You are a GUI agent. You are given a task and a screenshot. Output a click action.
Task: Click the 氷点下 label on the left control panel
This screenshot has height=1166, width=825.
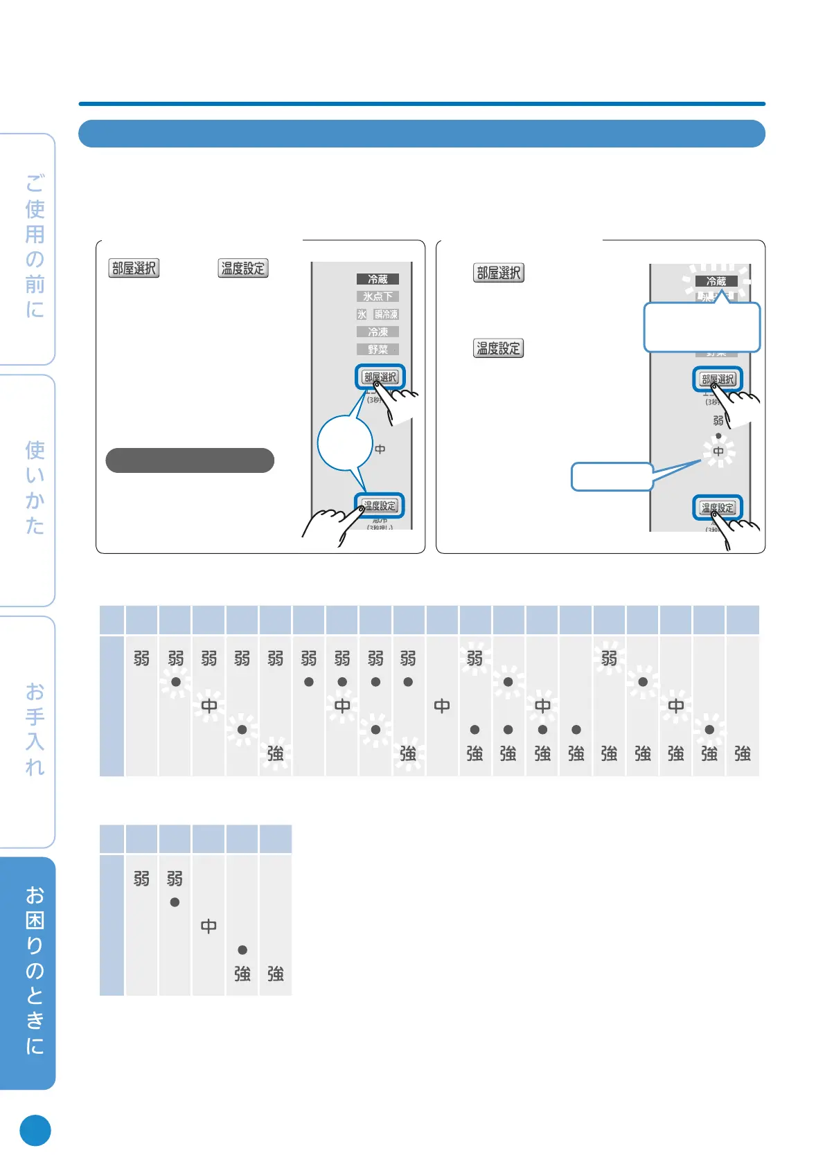point(378,296)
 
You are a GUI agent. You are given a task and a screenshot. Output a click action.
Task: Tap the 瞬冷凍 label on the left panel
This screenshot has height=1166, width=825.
point(387,314)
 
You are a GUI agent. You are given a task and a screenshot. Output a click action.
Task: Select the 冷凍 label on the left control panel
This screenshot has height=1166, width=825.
point(378,332)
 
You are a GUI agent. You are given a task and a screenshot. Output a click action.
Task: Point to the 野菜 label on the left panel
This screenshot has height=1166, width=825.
point(378,350)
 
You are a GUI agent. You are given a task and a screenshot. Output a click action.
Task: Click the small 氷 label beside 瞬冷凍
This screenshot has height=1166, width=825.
point(362,314)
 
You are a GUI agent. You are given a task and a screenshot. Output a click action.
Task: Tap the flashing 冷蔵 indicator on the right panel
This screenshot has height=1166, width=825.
point(716,281)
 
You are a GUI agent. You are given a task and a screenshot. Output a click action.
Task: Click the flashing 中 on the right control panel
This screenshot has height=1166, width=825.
point(718,451)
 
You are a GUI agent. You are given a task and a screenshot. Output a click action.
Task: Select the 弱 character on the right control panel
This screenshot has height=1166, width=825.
point(718,420)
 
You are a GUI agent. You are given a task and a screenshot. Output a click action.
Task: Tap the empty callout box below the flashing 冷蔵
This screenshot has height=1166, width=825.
point(702,328)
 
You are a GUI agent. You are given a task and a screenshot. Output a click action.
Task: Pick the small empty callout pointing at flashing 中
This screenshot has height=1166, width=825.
point(611,476)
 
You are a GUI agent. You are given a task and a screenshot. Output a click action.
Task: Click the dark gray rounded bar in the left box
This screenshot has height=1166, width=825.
point(190,460)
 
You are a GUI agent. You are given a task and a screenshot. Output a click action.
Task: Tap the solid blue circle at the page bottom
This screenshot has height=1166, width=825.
point(35,1130)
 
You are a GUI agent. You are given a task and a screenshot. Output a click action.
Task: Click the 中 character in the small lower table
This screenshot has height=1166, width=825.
point(209,926)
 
